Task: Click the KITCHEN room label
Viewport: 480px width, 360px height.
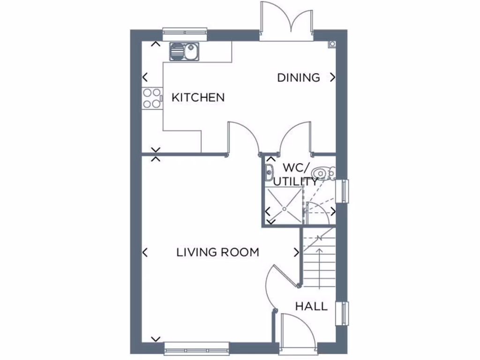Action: click(x=198, y=97)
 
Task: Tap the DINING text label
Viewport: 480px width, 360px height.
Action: click(x=299, y=77)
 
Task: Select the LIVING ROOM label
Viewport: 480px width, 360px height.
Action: click(x=217, y=252)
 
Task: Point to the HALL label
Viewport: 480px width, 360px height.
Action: click(x=311, y=307)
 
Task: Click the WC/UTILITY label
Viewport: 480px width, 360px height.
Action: click(x=295, y=174)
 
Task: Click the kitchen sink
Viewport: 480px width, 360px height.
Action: click(x=184, y=51)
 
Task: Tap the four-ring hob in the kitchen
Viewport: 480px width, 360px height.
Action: click(x=152, y=98)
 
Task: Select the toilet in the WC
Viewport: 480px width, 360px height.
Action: click(x=324, y=172)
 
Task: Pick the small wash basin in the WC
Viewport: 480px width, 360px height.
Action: click(x=270, y=170)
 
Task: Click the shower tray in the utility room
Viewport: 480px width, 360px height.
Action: click(x=284, y=206)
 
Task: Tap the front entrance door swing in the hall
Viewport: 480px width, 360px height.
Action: click(x=293, y=328)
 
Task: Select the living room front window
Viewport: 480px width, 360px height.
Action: click(x=197, y=347)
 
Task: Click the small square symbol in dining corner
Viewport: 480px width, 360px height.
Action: click(x=332, y=44)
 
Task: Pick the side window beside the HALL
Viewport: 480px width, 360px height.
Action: click(x=344, y=314)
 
